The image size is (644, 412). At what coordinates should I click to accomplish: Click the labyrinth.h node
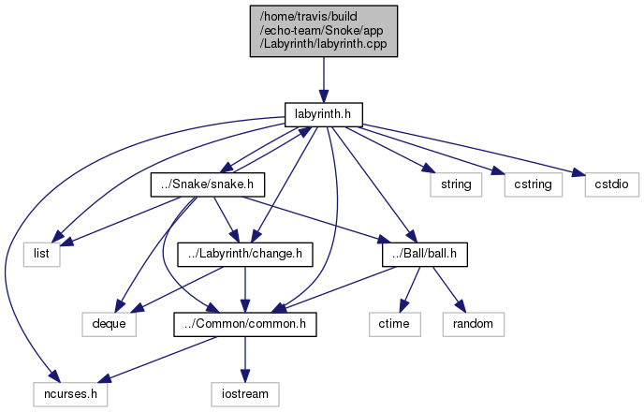tap(322, 113)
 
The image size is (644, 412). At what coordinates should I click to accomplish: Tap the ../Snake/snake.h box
tap(208, 184)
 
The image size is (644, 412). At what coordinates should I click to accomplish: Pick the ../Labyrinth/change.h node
tap(244, 254)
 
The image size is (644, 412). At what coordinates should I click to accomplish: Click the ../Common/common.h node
tap(244, 324)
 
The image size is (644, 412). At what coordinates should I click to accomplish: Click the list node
tap(42, 254)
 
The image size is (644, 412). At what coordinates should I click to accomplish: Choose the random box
tap(474, 324)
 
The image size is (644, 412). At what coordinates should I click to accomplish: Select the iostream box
tap(244, 394)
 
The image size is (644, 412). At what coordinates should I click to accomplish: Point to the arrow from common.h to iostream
tap(244, 359)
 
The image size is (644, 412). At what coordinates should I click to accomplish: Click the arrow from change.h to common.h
tap(244, 288)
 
